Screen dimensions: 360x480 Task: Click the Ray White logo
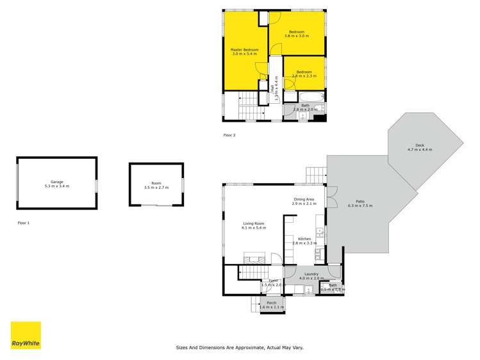pyautogui.click(x=26, y=335)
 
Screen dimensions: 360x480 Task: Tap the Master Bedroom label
pyautogui.click(x=245, y=52)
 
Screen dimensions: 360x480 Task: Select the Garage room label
pyautogui.click(x=56, y=184)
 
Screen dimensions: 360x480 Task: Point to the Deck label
pyautogui.click(x=420, y=147)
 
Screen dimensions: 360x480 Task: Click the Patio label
pyautogui.click(x=360, y=204)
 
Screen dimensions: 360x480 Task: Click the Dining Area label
pyautogui.click(x=304, y=201)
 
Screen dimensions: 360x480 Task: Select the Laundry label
pyautogui.click(x=312, y=276)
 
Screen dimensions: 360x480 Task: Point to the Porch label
pyautogui.click(x=272, y=305)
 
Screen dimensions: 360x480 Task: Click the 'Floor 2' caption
pyautogui.click(x=229, y=135)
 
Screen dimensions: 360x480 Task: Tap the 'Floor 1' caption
pyautogui.click(x=24, y=223)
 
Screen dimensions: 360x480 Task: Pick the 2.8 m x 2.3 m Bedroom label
pyautogui.click(x=304, y=74)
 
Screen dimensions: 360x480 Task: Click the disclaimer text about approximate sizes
pyautogui.click(x=240, y=347)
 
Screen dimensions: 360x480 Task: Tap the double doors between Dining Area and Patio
pyautogui.click(x=331, y=196)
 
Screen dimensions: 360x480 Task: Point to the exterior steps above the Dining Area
pyautogui.click(x=315, y=174)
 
